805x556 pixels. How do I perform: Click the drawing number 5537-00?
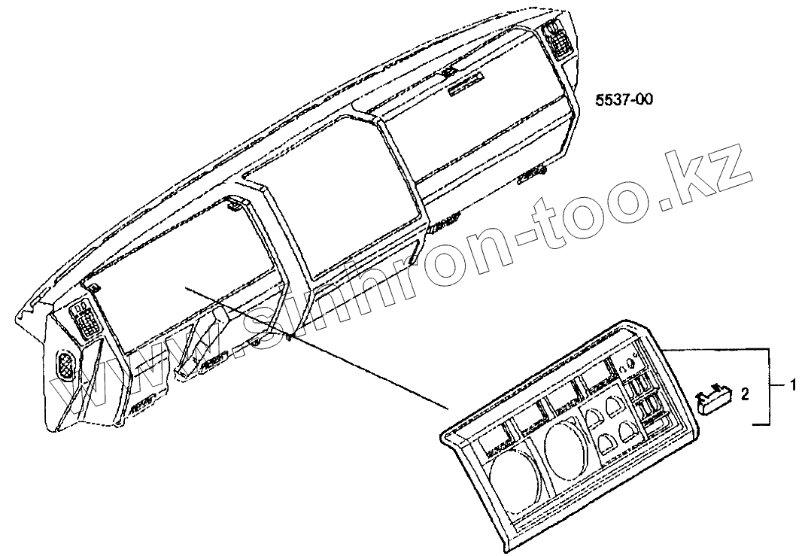coord(623,102)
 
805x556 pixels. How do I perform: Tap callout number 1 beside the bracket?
coord(792,384)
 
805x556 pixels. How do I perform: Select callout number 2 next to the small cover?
coord(745,393)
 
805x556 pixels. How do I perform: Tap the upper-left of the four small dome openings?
coord(593,415)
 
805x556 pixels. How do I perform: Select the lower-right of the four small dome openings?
coord(627,431)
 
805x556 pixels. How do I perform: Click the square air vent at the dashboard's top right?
coord(558,39)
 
